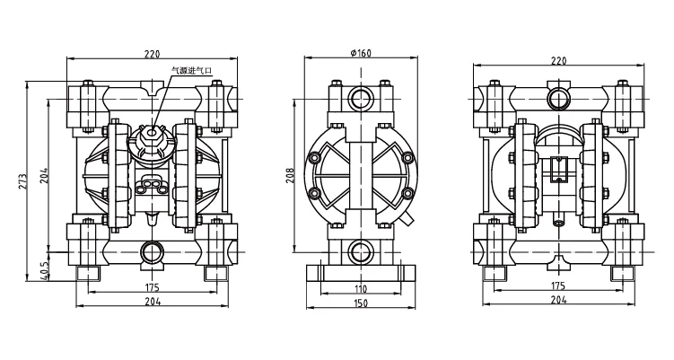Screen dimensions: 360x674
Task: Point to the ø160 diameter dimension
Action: point(360,54)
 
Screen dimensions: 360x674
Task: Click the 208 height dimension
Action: point(291,176)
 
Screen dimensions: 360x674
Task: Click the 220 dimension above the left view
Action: point(152,54)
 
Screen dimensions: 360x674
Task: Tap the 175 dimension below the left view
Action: point(152,286)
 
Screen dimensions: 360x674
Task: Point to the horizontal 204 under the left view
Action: point(152,303)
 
